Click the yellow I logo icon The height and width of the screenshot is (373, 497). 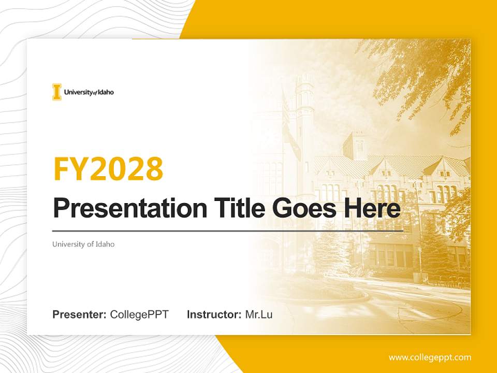[x=56, y=92]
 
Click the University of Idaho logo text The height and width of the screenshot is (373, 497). [x=89, y=92]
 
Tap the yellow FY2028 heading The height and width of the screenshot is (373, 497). [x=108, y=168]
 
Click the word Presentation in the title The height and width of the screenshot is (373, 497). [x=130, y=208]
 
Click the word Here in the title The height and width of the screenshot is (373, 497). [x=373, y=208]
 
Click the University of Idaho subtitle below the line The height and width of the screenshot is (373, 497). [x=83, y=244]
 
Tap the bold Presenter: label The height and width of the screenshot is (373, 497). [x=80, y=314]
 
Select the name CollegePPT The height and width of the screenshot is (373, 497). [x=139, y=314]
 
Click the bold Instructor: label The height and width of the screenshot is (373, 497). [x=214, y=314]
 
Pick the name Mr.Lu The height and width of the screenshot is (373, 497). [x=259, y=314]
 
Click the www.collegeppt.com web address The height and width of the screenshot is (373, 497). [x=430, y=357]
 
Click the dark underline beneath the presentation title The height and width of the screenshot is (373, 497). [x=228, y=231]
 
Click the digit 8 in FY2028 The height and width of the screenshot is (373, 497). [x=153, y=168]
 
